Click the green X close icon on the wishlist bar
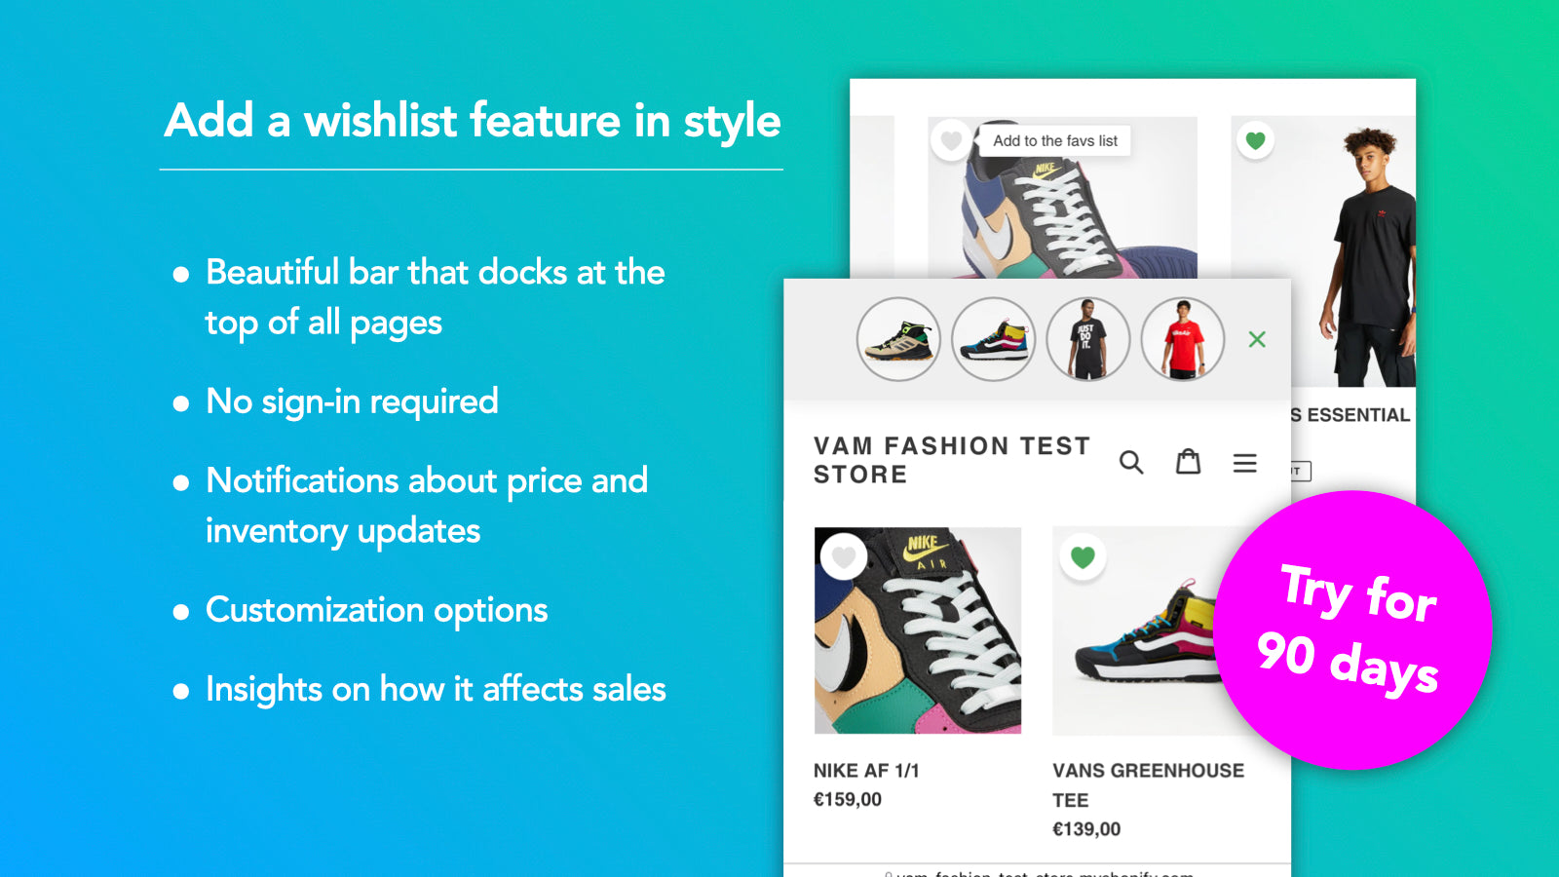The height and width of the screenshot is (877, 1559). point(1257,339)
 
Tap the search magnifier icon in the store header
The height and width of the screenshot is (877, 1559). point(1131,462)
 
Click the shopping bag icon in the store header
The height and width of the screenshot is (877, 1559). point(1188,461)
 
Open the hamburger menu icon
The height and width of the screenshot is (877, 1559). point(1244,463)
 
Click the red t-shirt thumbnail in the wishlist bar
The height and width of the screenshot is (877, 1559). point(1182,339)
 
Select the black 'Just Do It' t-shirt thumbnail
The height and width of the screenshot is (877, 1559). point(1087,339)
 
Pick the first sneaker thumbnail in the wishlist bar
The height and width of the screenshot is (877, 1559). point(898,339)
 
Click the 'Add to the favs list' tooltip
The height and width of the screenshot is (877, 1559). point(1055,141)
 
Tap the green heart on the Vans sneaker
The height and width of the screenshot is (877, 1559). point(1083,557)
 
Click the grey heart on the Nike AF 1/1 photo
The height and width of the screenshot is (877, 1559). point(844,557)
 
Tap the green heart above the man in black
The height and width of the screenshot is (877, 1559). point(1255,140)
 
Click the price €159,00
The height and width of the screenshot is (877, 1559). point(848,800)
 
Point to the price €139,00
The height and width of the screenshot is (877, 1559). point(1086,829)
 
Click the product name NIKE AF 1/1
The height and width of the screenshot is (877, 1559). point(866,771)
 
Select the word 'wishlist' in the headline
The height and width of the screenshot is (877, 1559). point(381,121)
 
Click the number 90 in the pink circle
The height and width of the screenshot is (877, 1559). point(1286,653)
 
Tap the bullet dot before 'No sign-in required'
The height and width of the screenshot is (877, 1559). point(181,403)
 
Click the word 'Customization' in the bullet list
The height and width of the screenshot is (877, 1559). point(315,611)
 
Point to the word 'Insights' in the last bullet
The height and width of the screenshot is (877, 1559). point(263,690)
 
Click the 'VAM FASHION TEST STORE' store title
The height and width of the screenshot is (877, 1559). point(951,460)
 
